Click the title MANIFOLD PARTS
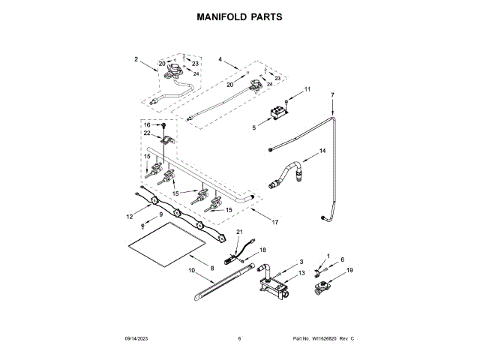click(239, 15)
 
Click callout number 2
click(136, 58)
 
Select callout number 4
click(220, 58)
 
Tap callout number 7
click(332, 95)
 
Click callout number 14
click(323, 151)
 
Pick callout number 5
click(253, 129)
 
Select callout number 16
click(147, 124)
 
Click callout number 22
click(147, 133)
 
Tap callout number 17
click(275, 222)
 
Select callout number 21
click(240, 233)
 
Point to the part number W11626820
click(322, 339)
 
